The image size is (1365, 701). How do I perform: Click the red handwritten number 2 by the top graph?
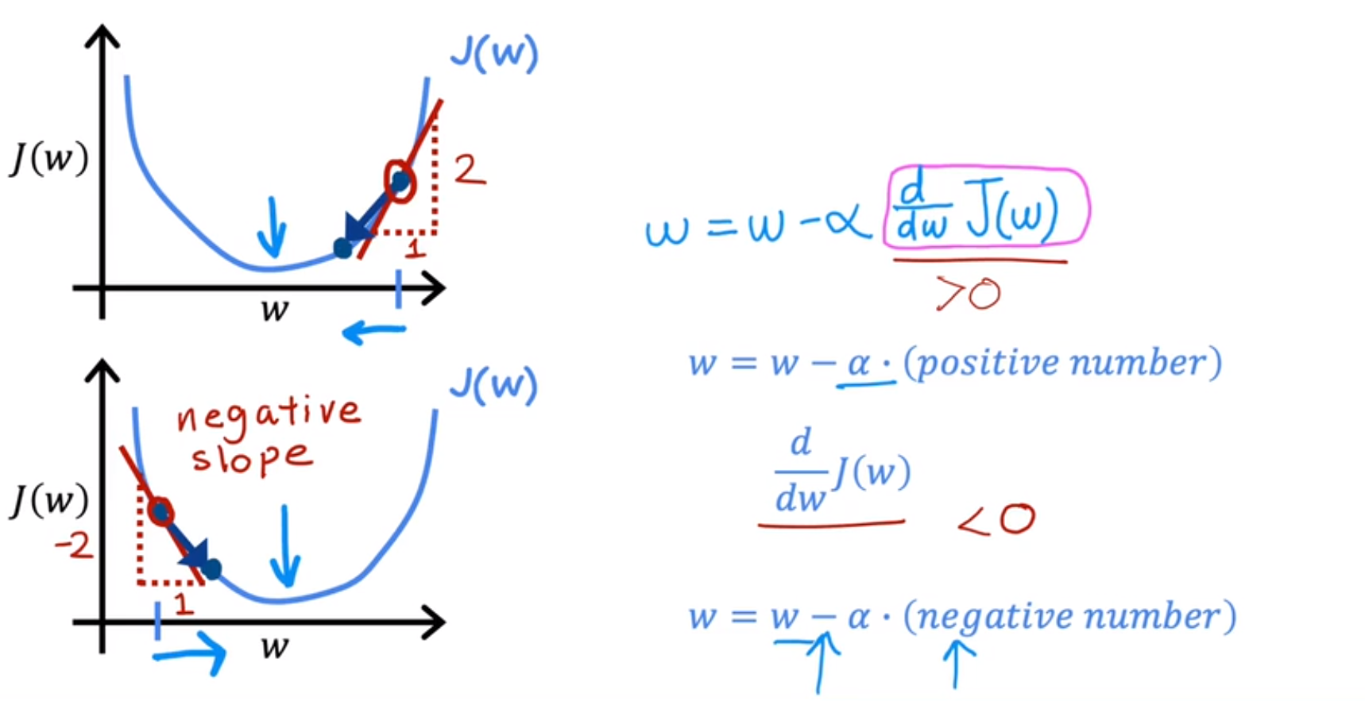[469, 169]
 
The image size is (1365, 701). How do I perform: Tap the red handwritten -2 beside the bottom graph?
[73, 545]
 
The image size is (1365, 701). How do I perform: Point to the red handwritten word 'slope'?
[251, 458]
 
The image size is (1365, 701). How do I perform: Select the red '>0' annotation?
[969, 294]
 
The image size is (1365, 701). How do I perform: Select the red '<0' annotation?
[996, 520]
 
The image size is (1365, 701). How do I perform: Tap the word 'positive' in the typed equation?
[984, 364]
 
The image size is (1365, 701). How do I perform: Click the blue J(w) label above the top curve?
[494, 54]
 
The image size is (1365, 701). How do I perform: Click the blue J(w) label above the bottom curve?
[493, 385]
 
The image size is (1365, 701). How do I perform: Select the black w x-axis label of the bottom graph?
[274, 647]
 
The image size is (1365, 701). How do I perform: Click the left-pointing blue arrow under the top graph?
[373, 331]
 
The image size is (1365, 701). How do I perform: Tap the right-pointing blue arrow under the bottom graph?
[191, 653]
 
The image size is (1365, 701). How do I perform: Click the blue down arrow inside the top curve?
[273, 227]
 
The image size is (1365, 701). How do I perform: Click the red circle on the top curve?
[399, 181]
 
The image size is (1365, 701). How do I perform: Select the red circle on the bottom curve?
[160, 512]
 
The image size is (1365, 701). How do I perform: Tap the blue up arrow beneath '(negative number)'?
[958, 664]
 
